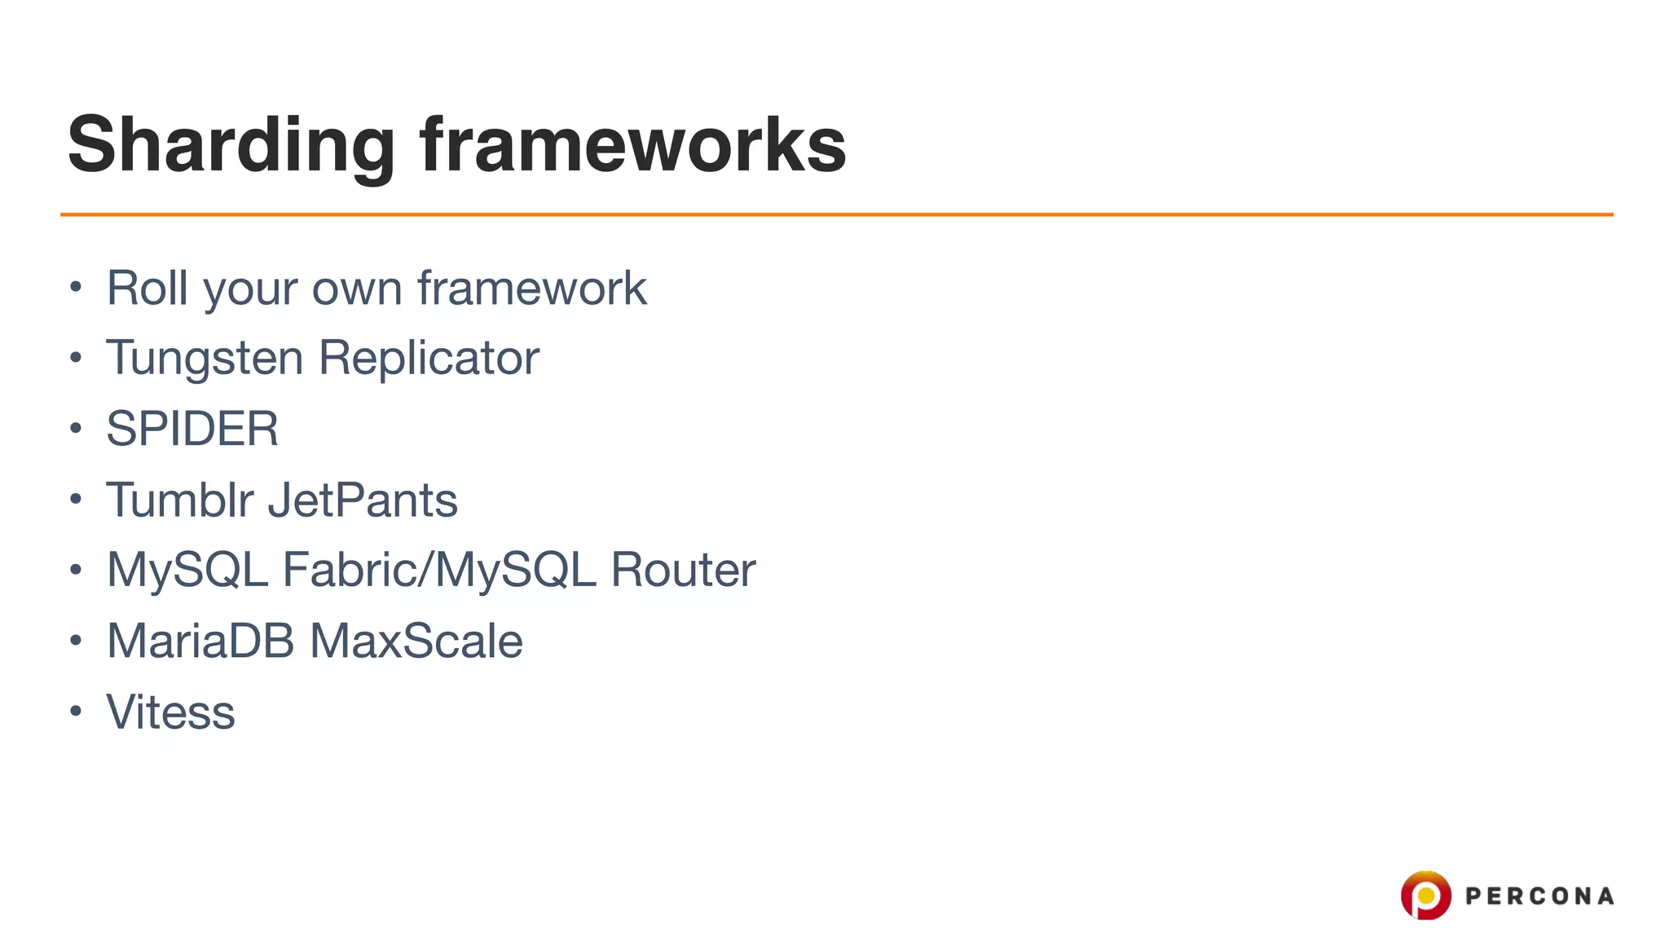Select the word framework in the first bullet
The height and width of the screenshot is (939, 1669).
pos(531,288)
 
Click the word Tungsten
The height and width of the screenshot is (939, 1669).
pos(205,358)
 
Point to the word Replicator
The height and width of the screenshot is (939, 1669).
pos(429,358)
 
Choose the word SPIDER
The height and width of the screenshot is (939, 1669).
pos(192,429)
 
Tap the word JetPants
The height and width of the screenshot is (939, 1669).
pos(363,499)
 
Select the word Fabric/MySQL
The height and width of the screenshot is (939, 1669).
pos(438,570)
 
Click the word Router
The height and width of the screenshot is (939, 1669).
pos(683,570)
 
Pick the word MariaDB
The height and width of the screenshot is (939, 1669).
pos(200,641)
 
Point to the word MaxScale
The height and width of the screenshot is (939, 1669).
pos(416,641)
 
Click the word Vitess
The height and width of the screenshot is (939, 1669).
pos(170,712)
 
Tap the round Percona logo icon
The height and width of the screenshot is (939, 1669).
pos(1425,895)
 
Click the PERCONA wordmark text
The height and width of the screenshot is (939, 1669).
pos(1539,896)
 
